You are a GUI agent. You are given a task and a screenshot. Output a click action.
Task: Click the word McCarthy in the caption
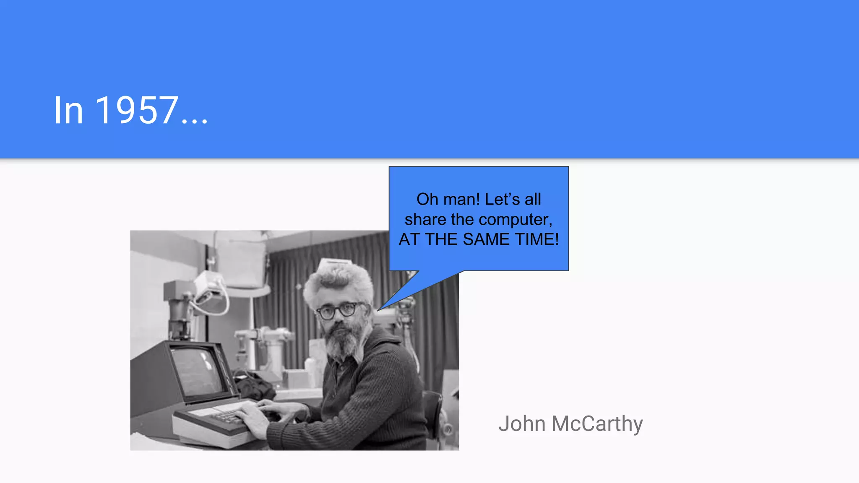click(x=597, y=424)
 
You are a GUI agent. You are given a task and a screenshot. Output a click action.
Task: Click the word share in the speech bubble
click(x=425, y=220)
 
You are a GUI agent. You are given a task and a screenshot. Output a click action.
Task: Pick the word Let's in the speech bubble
click(x=502, y=200)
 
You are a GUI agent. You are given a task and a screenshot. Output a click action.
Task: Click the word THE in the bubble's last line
click(x=441, y=239)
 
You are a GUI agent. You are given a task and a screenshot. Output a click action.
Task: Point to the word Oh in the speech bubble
click(x=427, y=200)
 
